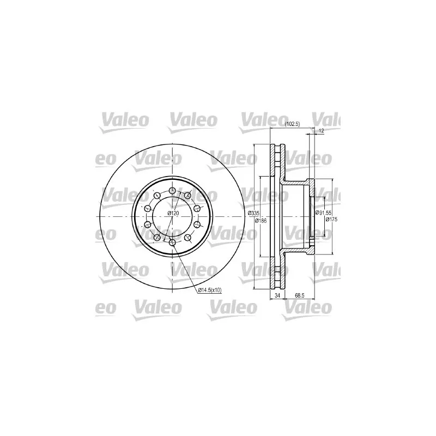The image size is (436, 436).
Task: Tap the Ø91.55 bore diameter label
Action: (323, 213)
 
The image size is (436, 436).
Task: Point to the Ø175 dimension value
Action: (332, 220)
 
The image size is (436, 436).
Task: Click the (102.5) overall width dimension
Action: (293, 124)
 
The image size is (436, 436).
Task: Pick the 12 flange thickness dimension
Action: (321, 131)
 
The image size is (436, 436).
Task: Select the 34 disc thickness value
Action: (277, 296)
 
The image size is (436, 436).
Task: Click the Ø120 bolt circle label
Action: (173, 213)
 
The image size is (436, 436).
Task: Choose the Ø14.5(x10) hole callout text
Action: (209, 290)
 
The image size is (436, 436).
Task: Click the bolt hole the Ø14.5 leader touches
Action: (172, 243)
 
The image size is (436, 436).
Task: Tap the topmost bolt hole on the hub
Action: (172, 190)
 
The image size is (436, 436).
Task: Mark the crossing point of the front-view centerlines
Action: (172, 217)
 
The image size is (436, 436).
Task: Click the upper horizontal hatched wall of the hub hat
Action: (297, 181)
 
